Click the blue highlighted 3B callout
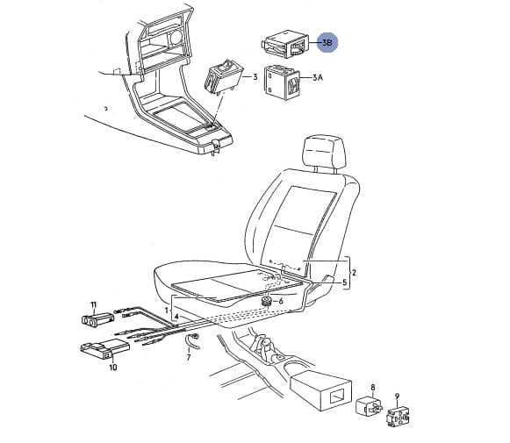[x=327, y=43]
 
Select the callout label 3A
[x=317, y=78]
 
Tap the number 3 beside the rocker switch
[x=255, y=77]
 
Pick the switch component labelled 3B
[x=284, y=44]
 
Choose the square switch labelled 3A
[x=282, y=82]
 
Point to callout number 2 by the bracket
[x=354, y=272]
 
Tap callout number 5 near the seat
[x=345, y=282]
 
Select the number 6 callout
[x=281, y=301]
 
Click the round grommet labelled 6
[x=268, y=301]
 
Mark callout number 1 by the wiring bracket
[x=167, y=311]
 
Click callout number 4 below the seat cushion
[x=176, y=317]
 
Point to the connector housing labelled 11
[x=97, y=319]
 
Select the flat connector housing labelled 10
[x=104, y=349]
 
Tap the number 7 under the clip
[x=189, y=358]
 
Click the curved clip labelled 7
[x=192, y=341]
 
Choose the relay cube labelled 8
[x=370, y=406]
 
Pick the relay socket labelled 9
[x=398, y=418]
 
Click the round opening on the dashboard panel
[x=176, y=36]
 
